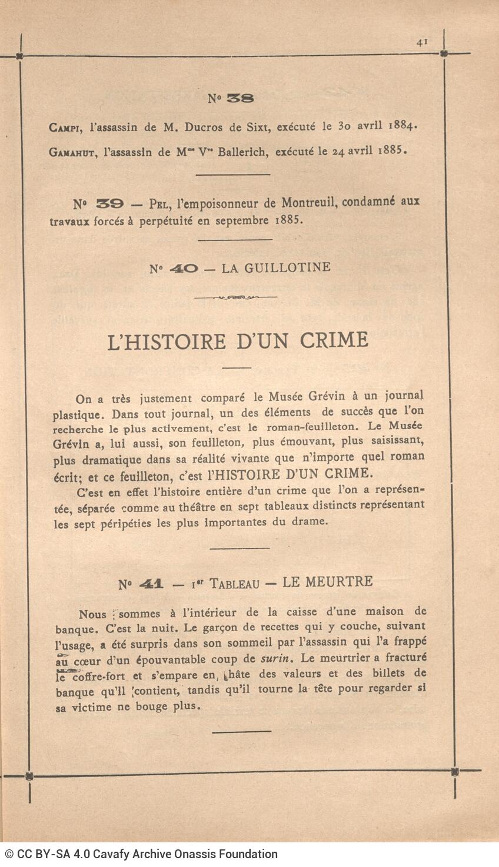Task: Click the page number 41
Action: click(421, 42)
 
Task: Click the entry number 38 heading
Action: click(231, 99)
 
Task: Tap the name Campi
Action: click(64, 127)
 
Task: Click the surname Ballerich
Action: click(251, 152)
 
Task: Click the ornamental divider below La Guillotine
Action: click(235, 297)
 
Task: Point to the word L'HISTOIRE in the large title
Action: click(167, 342)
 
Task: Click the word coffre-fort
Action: click(99, 677)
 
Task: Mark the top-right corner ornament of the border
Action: click(444, 53)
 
